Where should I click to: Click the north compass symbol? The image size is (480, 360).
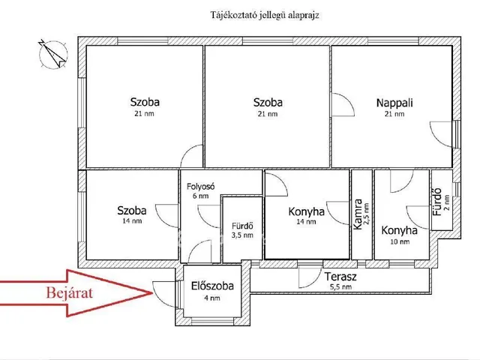point(52,54)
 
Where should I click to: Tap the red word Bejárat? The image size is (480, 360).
point(70,292)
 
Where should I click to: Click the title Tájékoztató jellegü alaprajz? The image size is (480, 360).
point(265,15)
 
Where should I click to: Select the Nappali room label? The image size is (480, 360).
point(394,103)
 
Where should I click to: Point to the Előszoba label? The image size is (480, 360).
point(212,286)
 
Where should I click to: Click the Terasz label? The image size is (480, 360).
point(340,277)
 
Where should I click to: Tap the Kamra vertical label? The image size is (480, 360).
point(358,214)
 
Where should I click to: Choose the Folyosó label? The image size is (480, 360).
point(201,187)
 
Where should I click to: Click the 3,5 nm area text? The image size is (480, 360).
point(242,235)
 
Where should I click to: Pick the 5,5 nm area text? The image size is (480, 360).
point(340,287)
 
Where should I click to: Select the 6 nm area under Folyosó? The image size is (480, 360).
point(201,196)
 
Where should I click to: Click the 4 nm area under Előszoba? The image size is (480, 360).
point(212,298)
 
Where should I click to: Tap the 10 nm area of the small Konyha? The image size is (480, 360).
point(400,241)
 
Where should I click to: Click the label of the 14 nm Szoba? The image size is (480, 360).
point(132,211)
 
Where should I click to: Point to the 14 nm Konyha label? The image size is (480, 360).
point(307,211)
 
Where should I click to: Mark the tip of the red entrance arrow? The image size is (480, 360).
point(153,293)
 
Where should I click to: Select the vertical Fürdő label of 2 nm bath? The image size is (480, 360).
point(437,202)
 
